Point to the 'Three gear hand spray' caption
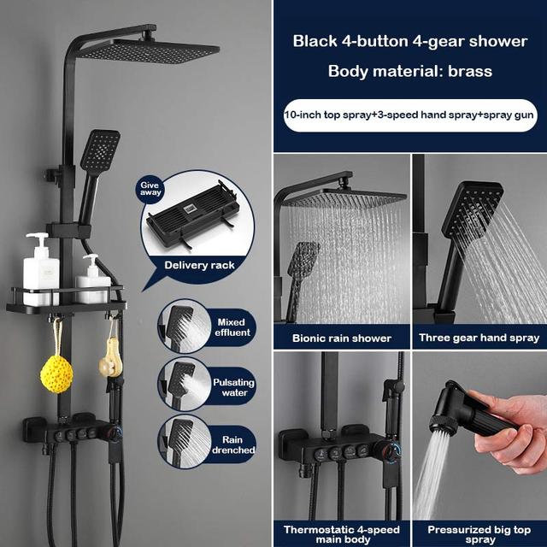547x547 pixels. coord(479,338)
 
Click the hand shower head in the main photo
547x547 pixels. coord(100,152)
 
